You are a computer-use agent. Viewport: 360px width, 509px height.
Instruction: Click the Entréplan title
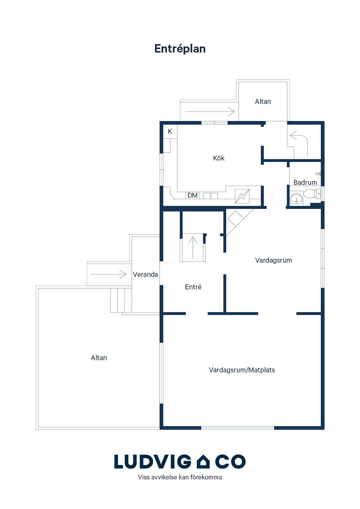click(180, 49)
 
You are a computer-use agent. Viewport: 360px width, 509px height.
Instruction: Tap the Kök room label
click(219, 158)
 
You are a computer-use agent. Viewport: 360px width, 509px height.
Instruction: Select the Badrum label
click(305, 183)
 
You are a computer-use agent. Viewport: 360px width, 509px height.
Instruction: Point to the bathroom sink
click(296, 198)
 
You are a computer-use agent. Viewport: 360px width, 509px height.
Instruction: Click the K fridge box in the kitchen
click(170, 131)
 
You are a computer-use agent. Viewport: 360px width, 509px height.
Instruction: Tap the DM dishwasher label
click(192, 195)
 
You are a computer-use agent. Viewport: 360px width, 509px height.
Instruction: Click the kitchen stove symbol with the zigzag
click(242, 196)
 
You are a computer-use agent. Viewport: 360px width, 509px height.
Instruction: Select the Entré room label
click(193, 287)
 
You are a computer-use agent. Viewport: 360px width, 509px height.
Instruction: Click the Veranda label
click(145, 275)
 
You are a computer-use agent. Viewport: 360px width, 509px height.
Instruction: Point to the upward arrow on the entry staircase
click(193, 248)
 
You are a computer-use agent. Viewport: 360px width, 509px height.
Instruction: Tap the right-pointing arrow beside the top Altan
click(210, 111)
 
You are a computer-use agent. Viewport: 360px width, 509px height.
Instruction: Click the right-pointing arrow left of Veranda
click(109, 274)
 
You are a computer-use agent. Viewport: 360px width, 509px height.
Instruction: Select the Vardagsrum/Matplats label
click(242, 370)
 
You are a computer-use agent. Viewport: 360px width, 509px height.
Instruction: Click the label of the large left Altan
click(99, 358)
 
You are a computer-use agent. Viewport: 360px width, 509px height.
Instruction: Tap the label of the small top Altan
click(263, 102)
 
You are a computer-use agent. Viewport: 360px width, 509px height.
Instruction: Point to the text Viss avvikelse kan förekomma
click(180, 477)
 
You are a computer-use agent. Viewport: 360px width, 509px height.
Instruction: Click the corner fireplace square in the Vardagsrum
click(235, 219)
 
